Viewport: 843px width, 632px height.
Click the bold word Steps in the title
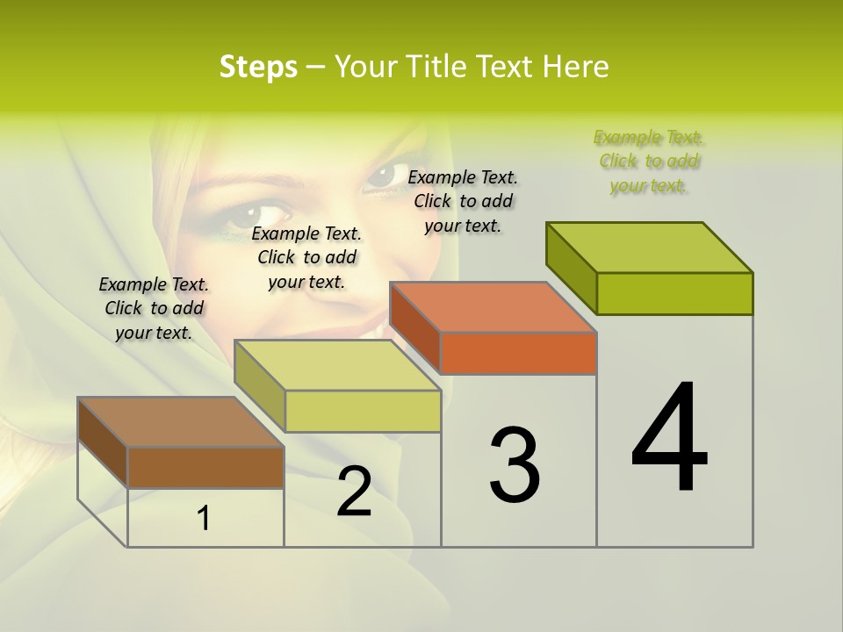point(257,67)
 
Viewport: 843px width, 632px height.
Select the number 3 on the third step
point(514,464)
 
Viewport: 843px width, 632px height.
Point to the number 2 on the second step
point(354,492)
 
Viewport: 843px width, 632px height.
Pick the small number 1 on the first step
point(204,519)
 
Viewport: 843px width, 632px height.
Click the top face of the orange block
point(493,307)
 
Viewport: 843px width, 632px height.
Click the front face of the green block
point(674,293)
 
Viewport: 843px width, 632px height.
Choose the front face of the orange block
point(518,353)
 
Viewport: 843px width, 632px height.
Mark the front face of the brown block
point(205,467)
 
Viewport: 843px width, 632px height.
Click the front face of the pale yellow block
point(362,411)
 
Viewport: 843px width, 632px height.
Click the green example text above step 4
point(648,162)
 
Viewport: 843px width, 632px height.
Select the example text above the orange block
point(463,201)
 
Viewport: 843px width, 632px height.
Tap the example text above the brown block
point(154,308)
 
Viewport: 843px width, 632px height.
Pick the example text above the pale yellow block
point(306,257)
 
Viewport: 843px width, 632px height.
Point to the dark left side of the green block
point(571,267)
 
